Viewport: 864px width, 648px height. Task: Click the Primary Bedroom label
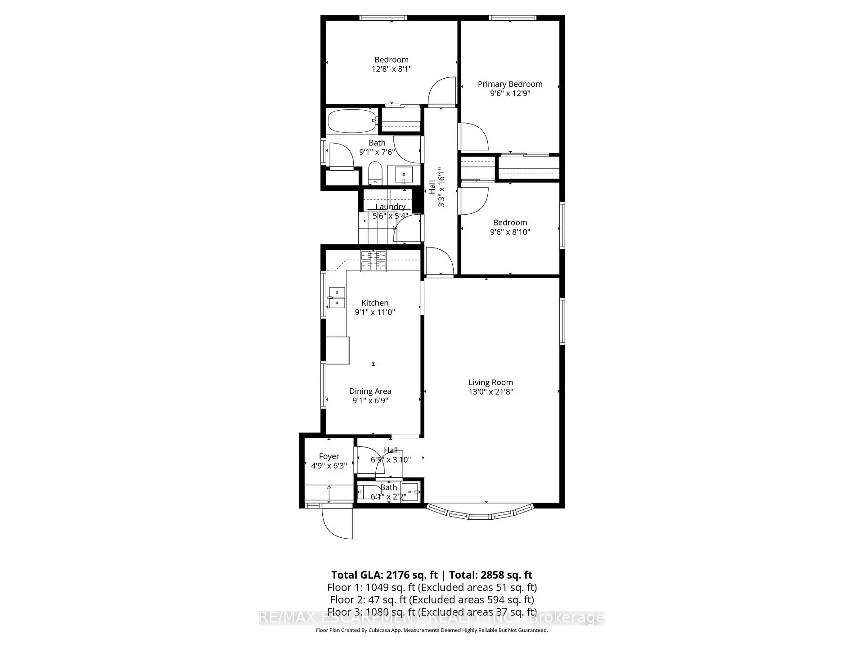[x=510, y=84]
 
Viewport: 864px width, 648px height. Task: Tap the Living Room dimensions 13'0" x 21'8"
[x=490, y=391]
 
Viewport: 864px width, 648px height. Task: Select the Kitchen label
[x=375, y=303]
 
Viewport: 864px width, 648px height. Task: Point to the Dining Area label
[x=370, y=391]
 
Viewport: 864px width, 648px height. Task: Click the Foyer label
[x=329, y=456]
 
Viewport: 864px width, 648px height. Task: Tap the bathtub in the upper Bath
[x=351, y=121]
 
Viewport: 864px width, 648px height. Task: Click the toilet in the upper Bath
[x=374, y=173]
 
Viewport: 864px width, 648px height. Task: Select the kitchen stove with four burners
[x=373, y=261]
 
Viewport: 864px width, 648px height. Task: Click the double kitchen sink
[x=337, y=298]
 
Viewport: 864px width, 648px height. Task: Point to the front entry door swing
[x=337, y=522]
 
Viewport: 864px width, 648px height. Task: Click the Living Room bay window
[x=480, y=513]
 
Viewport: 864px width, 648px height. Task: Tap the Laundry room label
[x=390, y=207]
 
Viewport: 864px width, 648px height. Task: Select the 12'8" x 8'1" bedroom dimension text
[x=391, y=69]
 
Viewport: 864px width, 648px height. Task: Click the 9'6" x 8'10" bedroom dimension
[x=510, y=232]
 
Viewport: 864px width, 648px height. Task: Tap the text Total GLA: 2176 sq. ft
[x=384, y=575]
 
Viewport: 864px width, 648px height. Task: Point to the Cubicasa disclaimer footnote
[x=432, y=630]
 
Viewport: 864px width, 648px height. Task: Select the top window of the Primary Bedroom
[x=513, y=18]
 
